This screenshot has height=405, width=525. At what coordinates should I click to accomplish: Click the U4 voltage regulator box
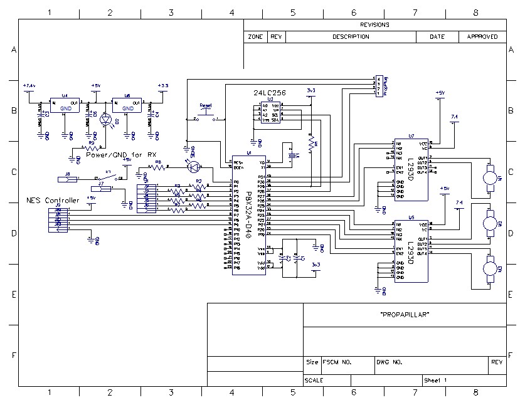tap(65, 106)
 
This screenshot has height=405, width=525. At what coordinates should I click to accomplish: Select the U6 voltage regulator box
tap(127, 106)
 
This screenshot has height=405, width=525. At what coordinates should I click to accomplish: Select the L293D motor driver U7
tap(410, 169)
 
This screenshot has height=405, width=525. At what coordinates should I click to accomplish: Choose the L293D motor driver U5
tap(411, 251)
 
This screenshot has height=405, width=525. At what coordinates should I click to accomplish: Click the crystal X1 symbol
tap(290, 154)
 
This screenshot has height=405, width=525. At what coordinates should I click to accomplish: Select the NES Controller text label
tap(53, 200)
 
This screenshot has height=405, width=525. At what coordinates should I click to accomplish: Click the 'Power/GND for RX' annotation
tap(121, 154)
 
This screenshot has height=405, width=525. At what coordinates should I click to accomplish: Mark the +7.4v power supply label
tap(29, 85)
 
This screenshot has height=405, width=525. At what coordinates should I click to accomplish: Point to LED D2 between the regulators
tap(105, 119)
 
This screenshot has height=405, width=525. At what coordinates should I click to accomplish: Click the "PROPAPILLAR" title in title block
tap(405, 315)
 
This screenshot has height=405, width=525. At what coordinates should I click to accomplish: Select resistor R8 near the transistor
tap(158, 167)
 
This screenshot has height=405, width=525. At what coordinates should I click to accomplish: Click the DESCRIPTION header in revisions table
tap(351, 37)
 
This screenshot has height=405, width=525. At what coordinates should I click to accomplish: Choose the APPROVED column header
tap(482, 37)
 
